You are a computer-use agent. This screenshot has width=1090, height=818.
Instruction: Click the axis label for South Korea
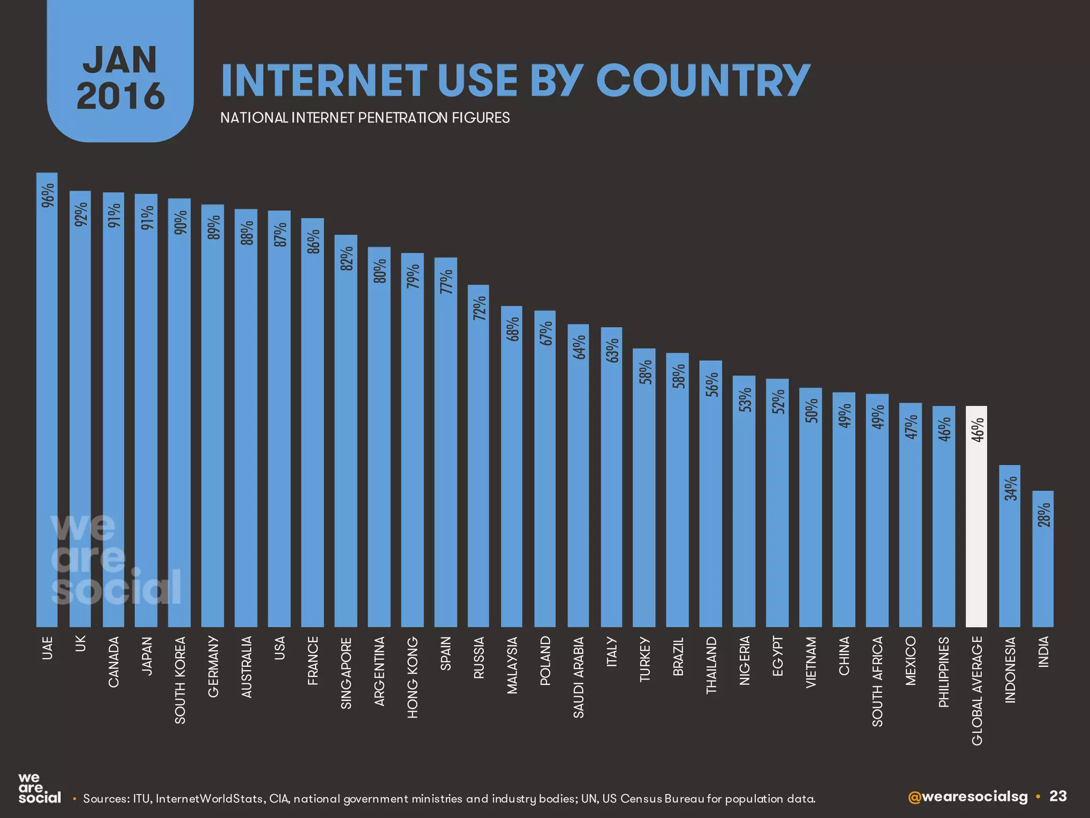coord(180,680)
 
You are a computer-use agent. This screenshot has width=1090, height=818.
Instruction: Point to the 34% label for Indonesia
coord(1010,488)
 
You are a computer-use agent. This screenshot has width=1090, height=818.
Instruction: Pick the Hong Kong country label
coord(412,677)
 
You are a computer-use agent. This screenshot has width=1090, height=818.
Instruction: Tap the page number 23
coord(1058,796)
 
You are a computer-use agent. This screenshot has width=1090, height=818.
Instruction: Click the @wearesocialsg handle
coord(968,797)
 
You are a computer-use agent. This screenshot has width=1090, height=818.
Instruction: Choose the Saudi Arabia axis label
coord(579,677)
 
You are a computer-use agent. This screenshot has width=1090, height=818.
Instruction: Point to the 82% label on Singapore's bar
coord(346,258)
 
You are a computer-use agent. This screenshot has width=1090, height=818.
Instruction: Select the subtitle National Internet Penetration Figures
coord(365,118)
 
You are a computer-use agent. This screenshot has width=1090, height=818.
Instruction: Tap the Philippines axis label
coord(944,672)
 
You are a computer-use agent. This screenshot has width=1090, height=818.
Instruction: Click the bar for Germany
coord(213,415)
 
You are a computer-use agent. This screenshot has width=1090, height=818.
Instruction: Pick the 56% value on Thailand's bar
coord(712,385)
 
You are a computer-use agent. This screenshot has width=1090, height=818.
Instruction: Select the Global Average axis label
coord(977,691)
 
